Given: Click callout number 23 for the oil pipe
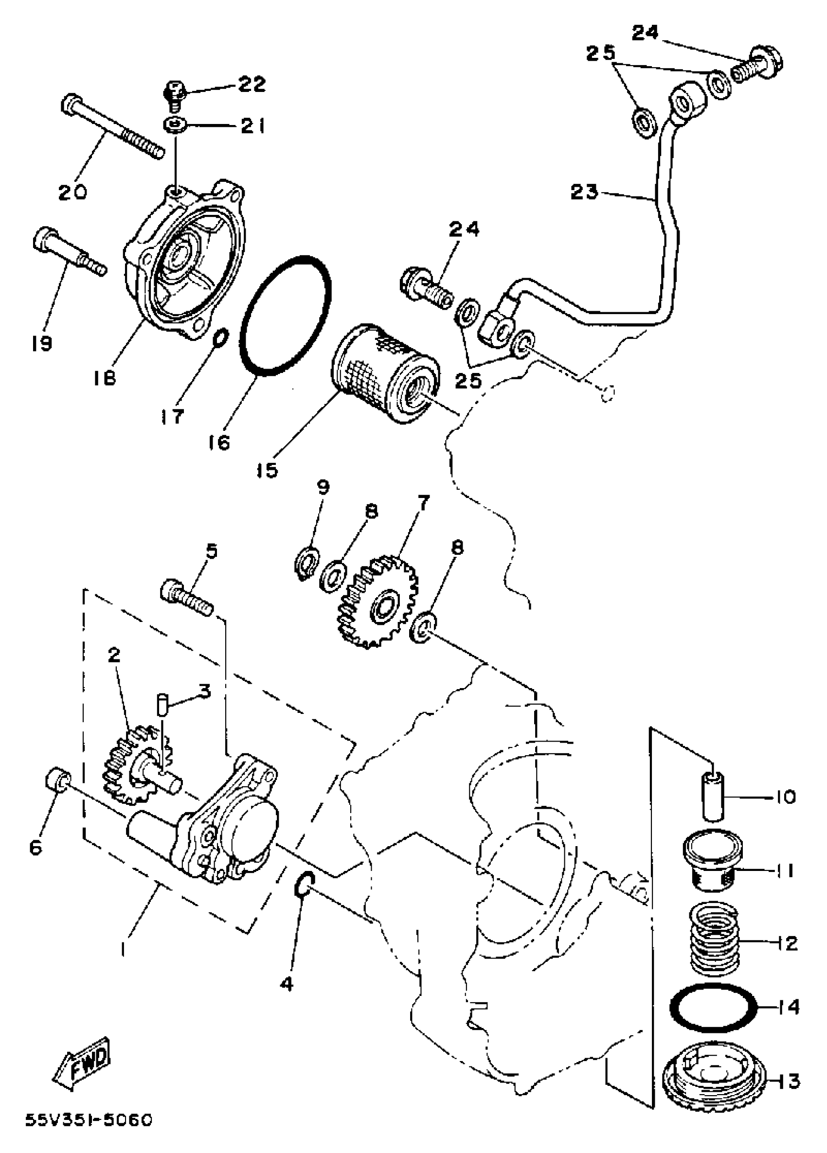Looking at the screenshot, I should click(x=583, y=193).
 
